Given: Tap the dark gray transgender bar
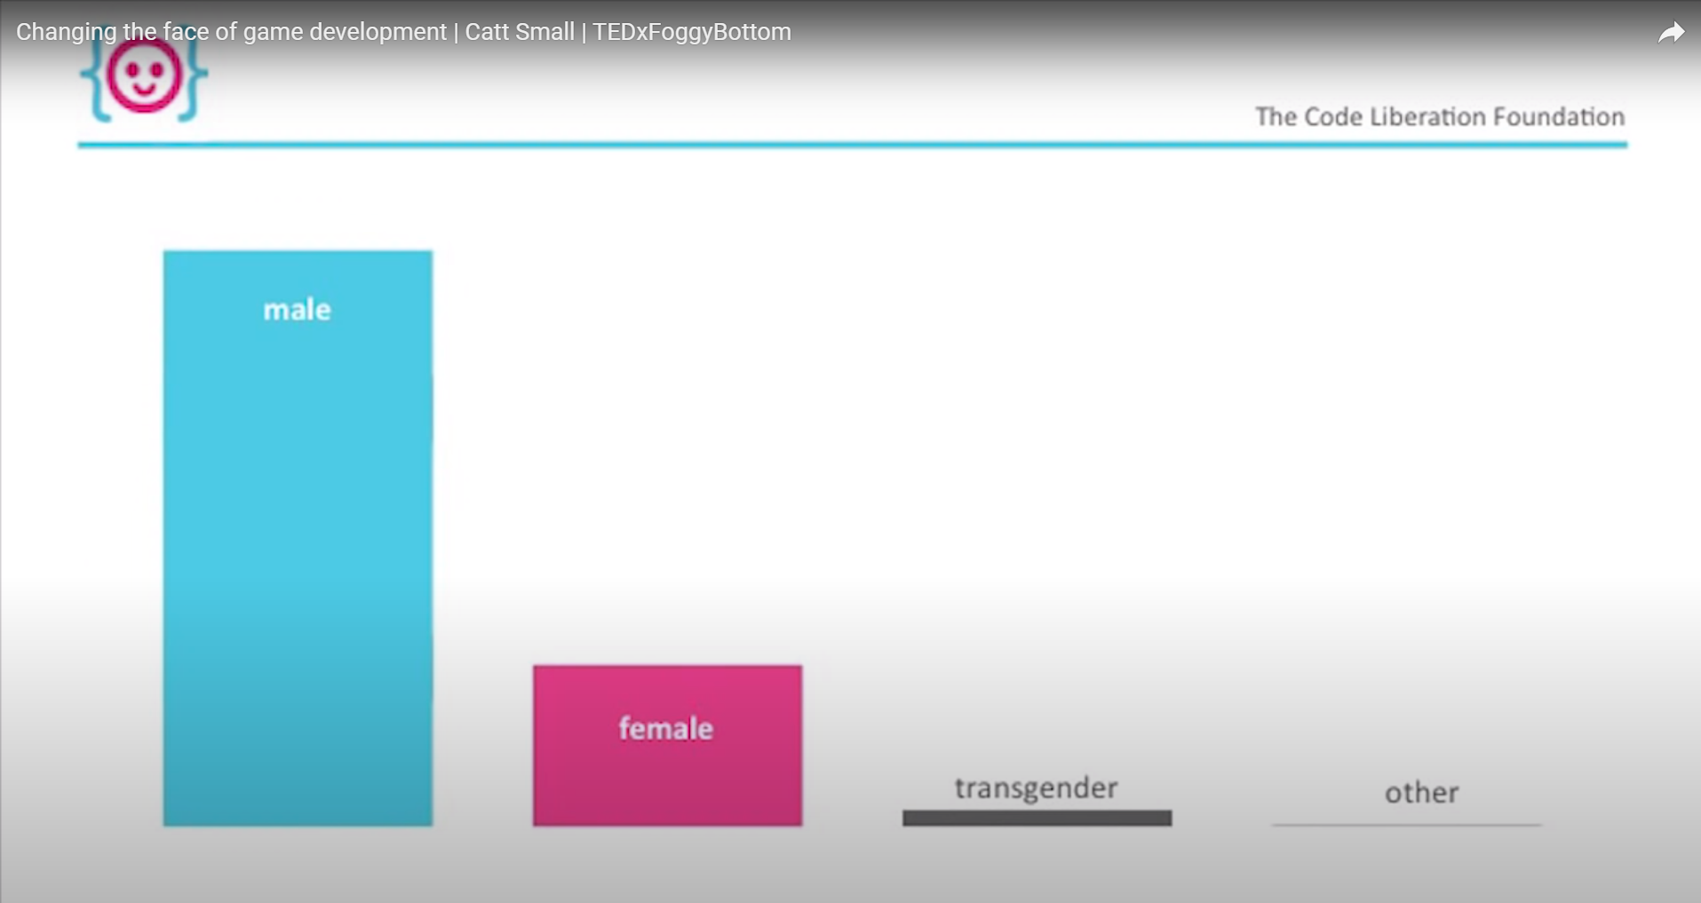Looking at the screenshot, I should pos(1037,818).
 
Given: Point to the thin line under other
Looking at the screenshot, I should pos(1406,825).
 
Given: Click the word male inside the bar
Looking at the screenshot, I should pos(297,310).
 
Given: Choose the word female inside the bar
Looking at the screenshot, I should pos(666,729).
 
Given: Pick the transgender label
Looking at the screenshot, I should pos(1036,788).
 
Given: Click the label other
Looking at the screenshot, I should pos(1421,792).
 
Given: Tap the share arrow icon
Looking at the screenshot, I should pos(1671,33).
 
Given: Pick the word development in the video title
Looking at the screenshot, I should pos(378,32).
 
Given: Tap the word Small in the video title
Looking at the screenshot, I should pos(545,32).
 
